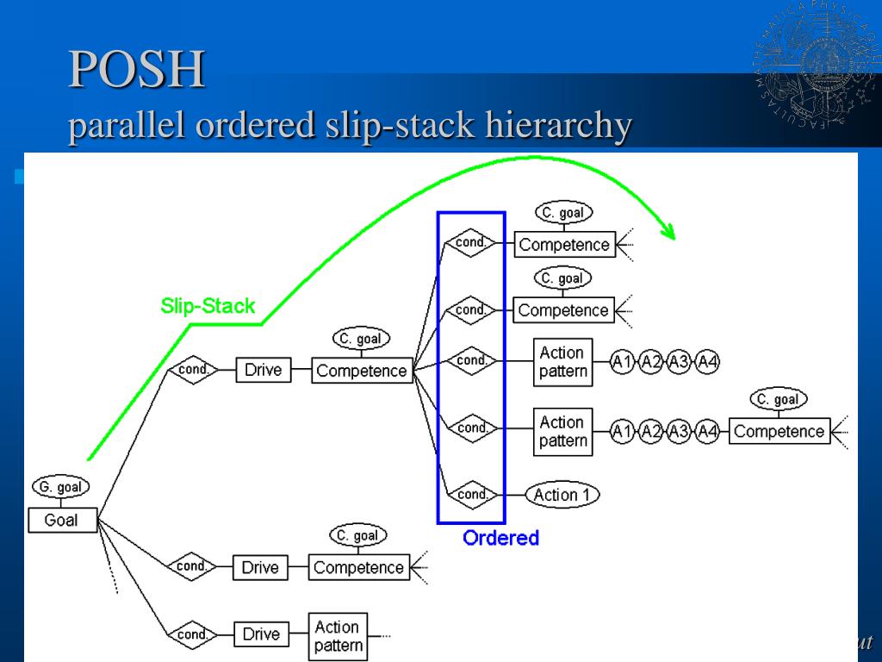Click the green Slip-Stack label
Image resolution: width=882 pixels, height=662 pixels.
point(208,306)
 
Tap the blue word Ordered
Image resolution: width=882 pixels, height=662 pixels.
point(500,538)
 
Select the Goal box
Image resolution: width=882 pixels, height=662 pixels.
point(61,520)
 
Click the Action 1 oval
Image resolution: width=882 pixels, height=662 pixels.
point(562,495)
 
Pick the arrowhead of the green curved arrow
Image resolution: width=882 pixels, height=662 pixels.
point(667,230)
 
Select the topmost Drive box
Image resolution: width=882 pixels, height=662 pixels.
point(263,371)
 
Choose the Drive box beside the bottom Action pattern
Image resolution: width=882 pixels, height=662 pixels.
point(261,634)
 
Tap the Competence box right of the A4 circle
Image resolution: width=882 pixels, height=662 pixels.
point(780,431)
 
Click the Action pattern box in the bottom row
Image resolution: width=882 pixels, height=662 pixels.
point(337,637)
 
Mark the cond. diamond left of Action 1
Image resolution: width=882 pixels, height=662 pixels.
point(472,495)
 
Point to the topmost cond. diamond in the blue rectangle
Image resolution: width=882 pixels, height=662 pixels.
point(470,243)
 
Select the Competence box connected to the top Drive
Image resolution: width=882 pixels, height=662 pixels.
point(361,371)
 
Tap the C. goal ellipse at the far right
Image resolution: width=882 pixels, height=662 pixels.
point(779,399)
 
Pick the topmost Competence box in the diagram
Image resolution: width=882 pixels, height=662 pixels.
point(563,245)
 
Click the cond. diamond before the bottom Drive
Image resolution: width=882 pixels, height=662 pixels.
point(191,634)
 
